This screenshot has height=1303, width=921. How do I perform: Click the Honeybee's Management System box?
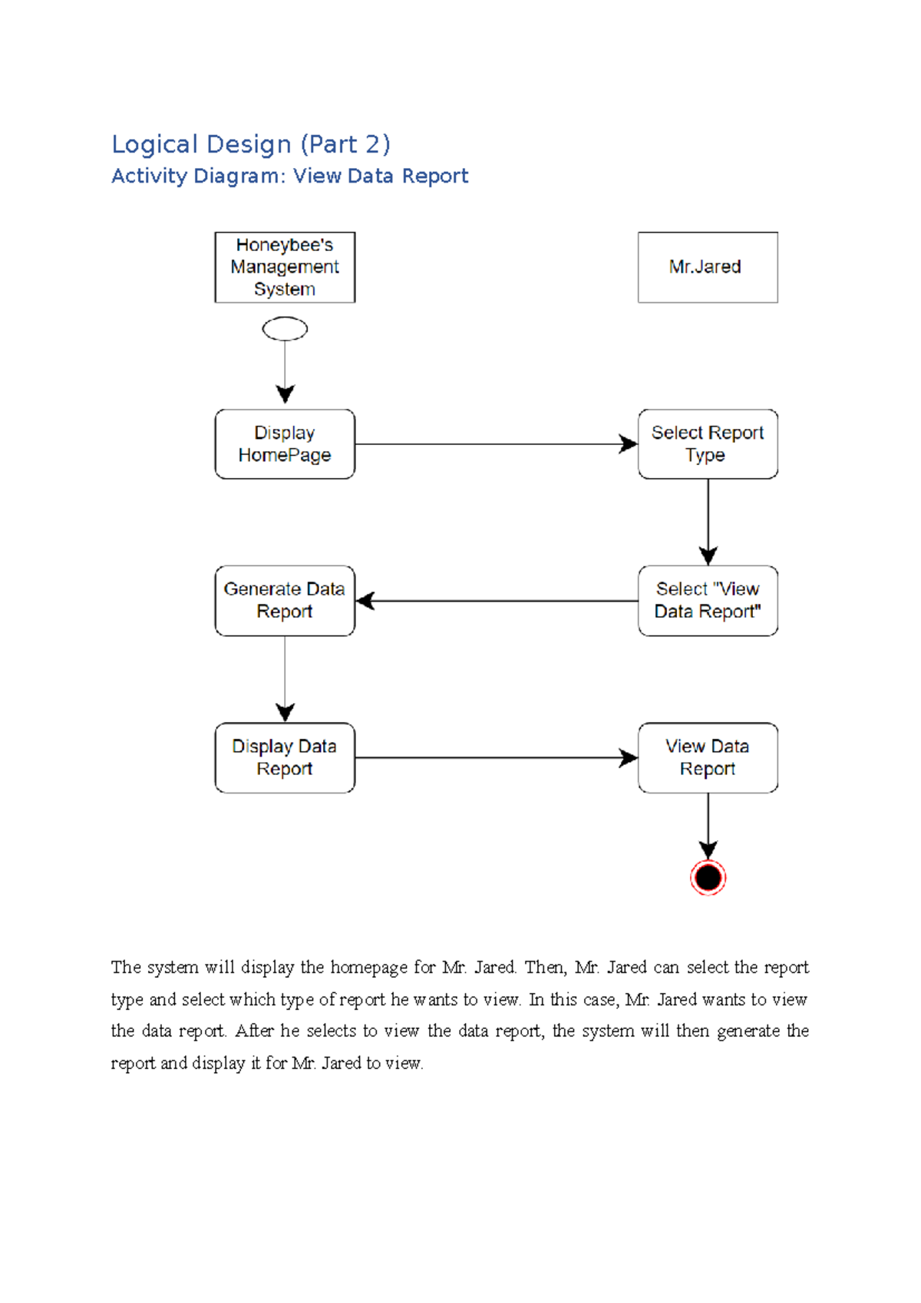285,267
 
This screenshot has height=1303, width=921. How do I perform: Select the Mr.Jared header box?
708,267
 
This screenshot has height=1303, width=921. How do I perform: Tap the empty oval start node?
285,329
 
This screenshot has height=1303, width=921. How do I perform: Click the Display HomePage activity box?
285,444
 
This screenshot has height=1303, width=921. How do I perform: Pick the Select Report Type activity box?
708,444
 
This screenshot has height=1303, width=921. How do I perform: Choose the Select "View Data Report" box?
708,601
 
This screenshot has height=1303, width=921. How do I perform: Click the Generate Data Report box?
285,601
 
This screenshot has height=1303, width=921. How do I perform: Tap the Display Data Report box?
285,757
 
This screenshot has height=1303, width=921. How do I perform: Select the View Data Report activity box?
708,757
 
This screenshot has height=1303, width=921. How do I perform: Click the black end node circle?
708,877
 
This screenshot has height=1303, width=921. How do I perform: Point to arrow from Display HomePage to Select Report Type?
496,444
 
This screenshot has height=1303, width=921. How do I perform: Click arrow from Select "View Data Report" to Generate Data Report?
496,601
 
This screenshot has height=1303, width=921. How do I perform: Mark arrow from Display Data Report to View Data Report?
496,758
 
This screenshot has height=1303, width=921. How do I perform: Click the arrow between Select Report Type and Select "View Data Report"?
708,522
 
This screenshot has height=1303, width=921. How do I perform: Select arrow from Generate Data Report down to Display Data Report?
285,678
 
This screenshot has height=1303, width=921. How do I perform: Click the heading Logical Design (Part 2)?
251,144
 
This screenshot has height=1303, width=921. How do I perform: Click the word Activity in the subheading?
149,176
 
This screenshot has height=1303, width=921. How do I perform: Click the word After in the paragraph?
254,1031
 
